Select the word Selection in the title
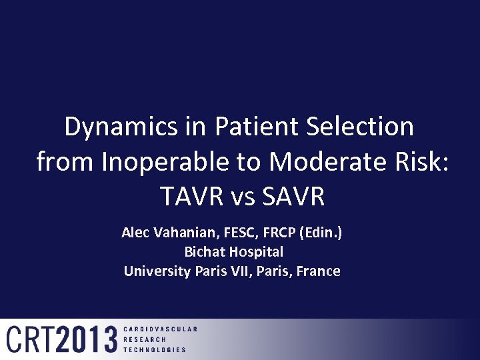(x=361, y=127)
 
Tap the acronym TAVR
(x=187, y=197)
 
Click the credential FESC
(x=231, y=233)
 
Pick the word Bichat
(x=205, y=252)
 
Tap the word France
(x=319, y=271)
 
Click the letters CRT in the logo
(x=29, y=339)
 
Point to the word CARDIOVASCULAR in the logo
(x=160, y=329)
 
